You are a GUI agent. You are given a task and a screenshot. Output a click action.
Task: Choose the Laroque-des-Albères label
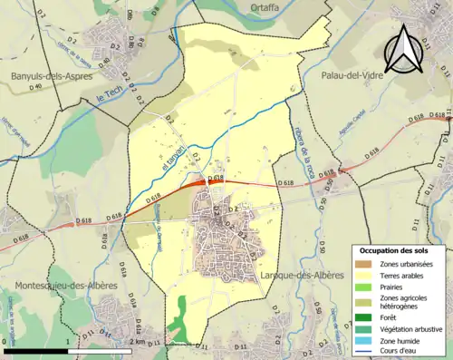(x=302, y=275)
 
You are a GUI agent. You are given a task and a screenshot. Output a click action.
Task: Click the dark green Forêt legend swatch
(x=364, y=317)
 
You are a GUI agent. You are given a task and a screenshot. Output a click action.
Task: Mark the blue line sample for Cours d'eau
(x=364, y=351)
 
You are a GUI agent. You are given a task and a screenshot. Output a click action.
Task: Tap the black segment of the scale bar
(x=35, y=351)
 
